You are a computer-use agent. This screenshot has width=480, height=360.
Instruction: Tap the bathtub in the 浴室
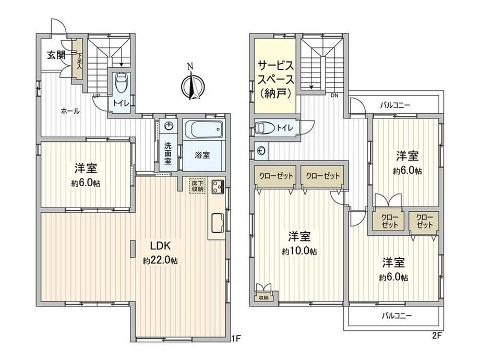tap(203, 130)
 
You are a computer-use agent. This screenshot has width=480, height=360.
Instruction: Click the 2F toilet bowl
tap(263, 128)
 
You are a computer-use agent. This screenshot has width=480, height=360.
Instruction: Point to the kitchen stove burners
tap(218, 187)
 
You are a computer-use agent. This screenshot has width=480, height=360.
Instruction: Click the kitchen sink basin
tap(218, 223)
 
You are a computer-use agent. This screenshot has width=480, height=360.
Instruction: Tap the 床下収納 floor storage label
tap(197, 186)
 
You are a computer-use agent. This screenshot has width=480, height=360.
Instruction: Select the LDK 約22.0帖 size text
tap(160, 261)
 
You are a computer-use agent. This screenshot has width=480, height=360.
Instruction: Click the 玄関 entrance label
tap(56, 55)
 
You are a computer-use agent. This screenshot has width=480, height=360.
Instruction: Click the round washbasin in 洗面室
tap(169, 126)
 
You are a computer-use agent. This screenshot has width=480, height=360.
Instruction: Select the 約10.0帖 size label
tap(299, 251)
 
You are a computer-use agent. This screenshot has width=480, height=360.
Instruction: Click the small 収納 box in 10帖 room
tap(263, 297)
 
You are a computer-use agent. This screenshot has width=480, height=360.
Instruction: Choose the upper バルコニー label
tap(395, 105)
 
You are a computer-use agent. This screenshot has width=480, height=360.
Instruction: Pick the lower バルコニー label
tap(397, 316)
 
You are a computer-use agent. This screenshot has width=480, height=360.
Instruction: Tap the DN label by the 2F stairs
tap(334, 95)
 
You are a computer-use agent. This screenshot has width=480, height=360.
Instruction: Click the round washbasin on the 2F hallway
tap(261, 151)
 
